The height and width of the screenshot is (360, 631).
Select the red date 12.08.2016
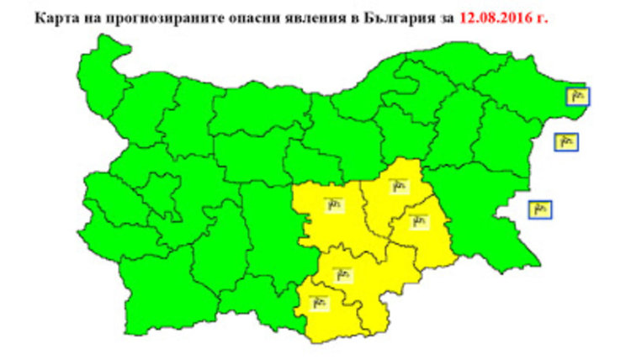click(496, 17)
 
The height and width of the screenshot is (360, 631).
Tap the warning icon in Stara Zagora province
click(334, 204)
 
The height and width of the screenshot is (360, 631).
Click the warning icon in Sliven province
click(399, 185)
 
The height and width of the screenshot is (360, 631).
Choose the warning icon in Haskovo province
click(342, 273)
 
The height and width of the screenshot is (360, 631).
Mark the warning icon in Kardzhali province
click(320, 301)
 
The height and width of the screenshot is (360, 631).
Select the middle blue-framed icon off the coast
click(565, 141)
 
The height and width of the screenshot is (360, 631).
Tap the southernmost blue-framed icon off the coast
click(540, 209)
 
